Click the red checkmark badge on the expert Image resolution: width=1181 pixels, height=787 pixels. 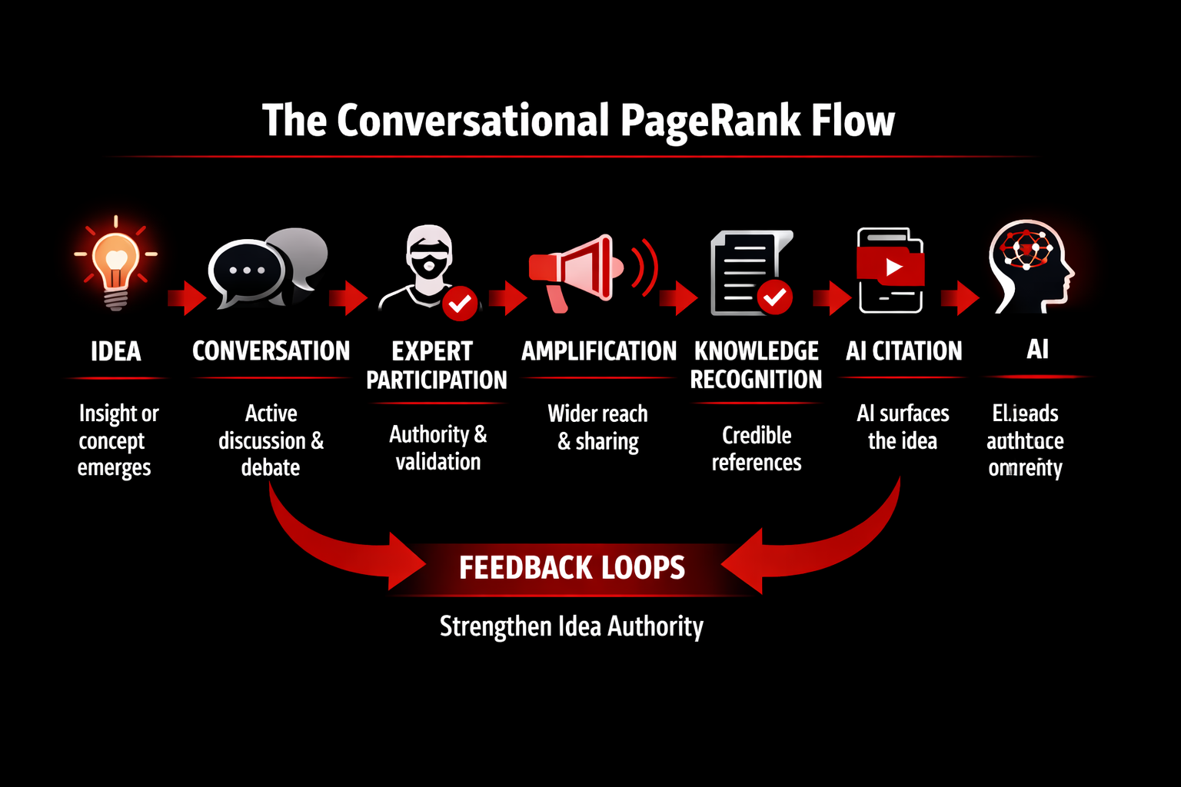(x=460, y=304)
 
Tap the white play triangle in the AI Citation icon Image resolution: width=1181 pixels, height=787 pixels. (x=893, y=267)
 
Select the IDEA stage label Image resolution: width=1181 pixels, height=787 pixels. (x=116, y=352)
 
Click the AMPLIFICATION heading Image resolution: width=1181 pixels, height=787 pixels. (x=599, y=351)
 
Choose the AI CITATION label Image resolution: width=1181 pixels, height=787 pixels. (x=903, y=351)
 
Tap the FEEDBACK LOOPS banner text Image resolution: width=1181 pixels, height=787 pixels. (x=571, y=568)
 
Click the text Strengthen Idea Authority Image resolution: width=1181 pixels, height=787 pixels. (x=571, y=626)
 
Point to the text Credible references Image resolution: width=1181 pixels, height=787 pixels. (x=757, y=449)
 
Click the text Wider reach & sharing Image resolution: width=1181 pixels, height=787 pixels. (x=598, y=427)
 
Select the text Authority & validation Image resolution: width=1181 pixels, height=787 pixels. (x=438, y=448)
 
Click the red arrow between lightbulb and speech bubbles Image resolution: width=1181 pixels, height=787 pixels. (x=186, y=298)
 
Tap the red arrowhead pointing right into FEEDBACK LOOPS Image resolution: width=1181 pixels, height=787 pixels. (x=408, y=564)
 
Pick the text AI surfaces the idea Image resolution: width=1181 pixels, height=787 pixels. (x=903, y=427)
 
